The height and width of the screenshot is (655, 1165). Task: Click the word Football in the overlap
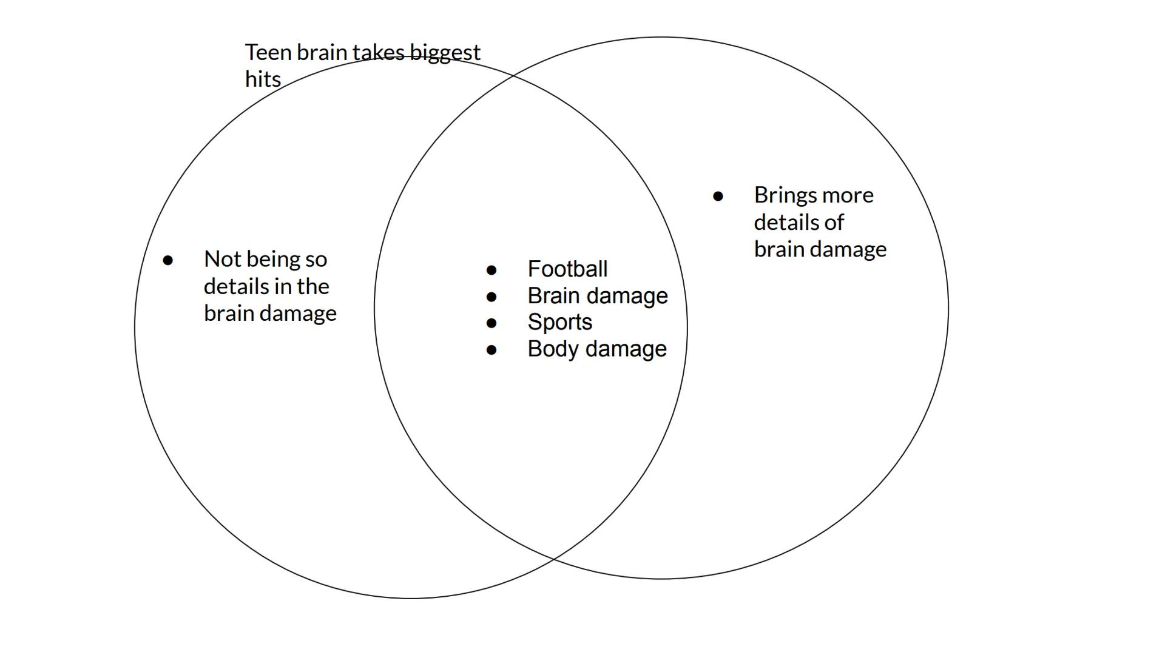[567, 269]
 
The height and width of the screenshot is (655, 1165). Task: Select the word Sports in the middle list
[559, 323]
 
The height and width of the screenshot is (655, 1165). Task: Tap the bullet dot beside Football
[491, 270]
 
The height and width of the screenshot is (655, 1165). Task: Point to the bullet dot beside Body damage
[491, 350]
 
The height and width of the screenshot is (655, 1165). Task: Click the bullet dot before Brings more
[718, 196]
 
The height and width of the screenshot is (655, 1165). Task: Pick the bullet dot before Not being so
[168, 260]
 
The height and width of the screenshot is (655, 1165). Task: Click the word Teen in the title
[268, 53]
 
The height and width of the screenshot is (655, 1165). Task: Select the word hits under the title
[263, 79]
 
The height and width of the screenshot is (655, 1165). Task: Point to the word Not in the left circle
[220, 260]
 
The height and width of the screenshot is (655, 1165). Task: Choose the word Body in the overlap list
[552, 349]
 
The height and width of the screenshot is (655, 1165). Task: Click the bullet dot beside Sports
[491, 323]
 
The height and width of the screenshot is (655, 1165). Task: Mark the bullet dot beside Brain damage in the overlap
[491, 297]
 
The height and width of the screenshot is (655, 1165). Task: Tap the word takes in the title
[378, 53]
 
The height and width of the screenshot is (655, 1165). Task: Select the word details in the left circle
[236, 286]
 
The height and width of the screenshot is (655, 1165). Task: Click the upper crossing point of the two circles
[514, 76]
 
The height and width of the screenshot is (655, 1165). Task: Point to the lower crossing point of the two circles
[553, 559]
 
